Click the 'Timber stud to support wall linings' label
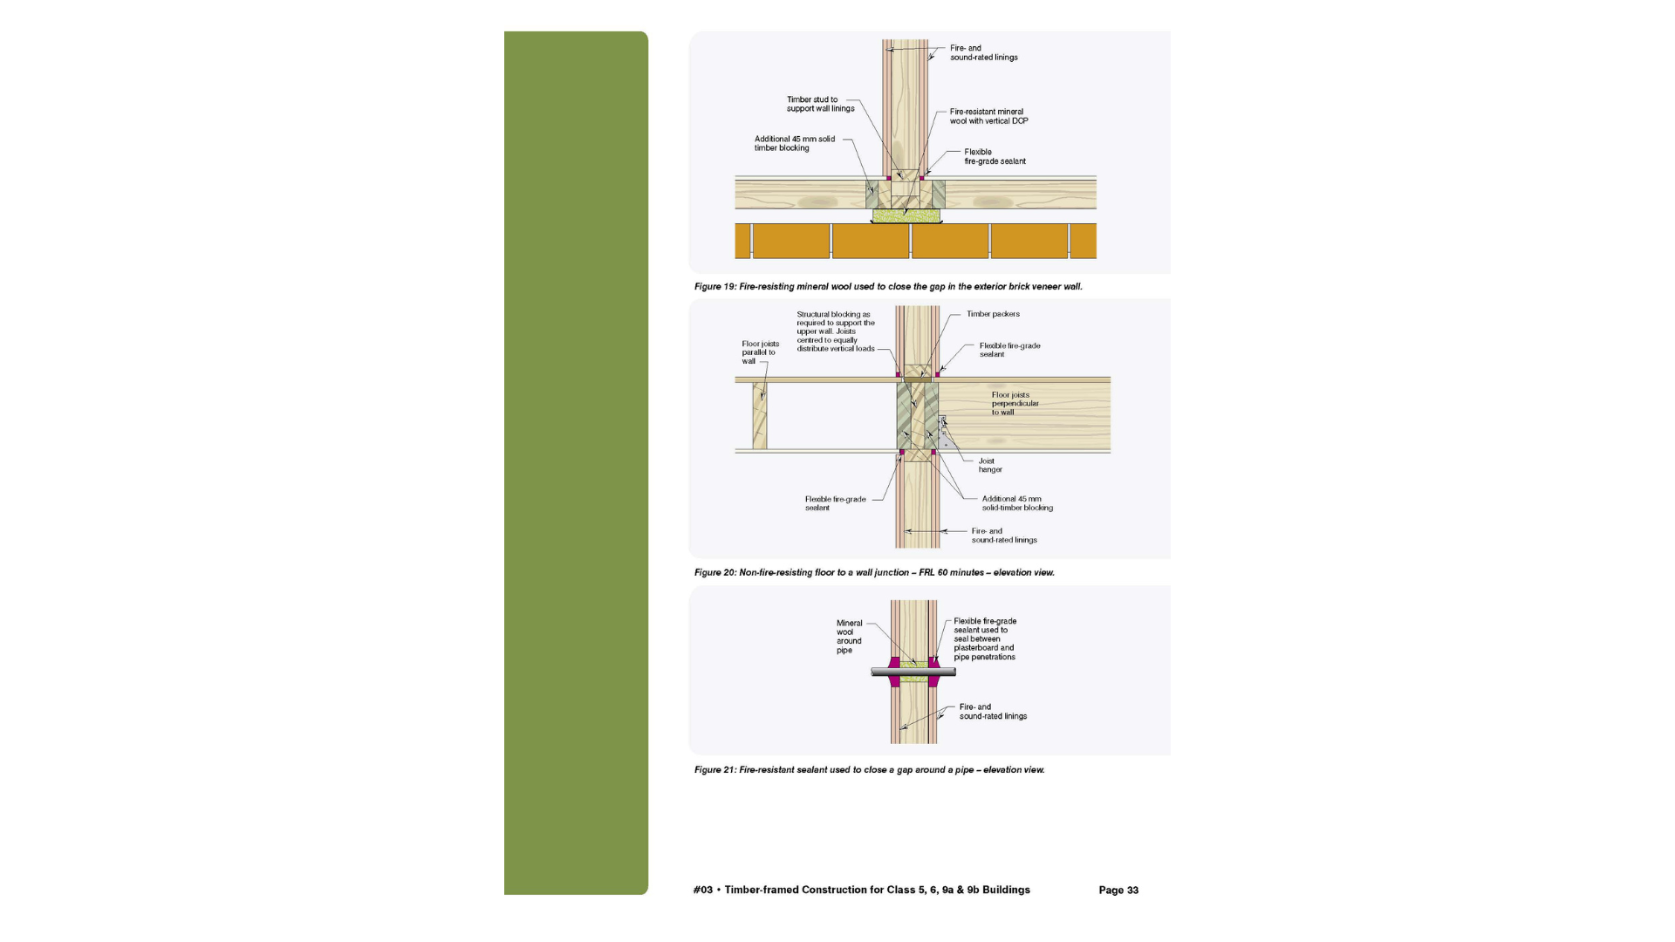[820, 104]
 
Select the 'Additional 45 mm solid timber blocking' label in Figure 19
[795, 143]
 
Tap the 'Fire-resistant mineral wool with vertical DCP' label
[988, 116]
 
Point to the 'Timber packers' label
[993, 314]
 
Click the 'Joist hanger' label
[990, 465]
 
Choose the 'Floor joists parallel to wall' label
[760, 352]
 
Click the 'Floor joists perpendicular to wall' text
[1015, 403]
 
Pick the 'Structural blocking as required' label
[836, 331]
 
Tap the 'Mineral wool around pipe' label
[849, 637]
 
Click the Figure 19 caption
[888, 286]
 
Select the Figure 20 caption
[874, 572]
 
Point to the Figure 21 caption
[869, 769]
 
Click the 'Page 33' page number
[1118, 890]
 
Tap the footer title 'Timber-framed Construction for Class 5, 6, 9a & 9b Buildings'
[877, 890]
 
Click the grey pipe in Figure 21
[913, 672]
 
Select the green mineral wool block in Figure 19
[906, 215]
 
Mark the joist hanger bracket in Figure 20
[942, 433]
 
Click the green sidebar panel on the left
[576, 463]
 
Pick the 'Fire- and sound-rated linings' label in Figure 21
[993, 712]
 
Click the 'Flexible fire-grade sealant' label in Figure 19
[995, 156]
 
